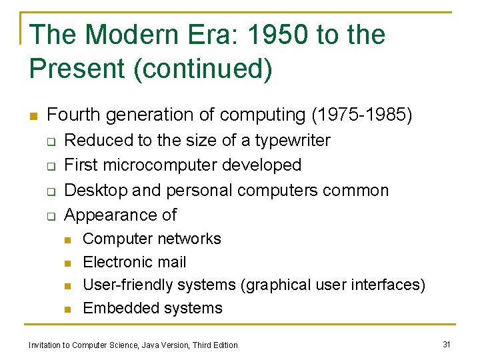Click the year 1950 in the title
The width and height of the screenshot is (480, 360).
pos(269,35)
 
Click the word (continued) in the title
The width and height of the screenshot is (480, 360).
pos(203,69)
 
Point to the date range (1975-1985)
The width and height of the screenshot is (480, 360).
pos(362,115)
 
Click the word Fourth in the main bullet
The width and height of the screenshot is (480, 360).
pos(73,115)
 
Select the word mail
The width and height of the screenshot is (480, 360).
pos(172,262)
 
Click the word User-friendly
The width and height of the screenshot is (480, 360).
pos(123,285)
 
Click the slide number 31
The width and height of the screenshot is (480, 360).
pos(447,344)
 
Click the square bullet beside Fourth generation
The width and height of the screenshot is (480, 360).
pos(33,116)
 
